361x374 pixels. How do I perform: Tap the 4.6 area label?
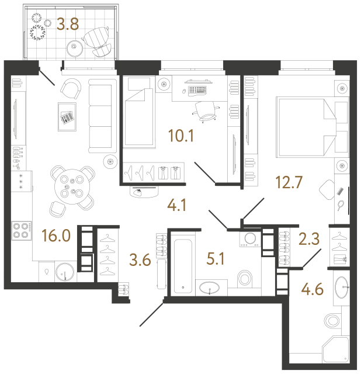[313, 288]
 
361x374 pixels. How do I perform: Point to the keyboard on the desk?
[199, 91]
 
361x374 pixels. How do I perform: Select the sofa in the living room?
[100, 117]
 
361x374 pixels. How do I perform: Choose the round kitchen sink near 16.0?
[65, 271]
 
